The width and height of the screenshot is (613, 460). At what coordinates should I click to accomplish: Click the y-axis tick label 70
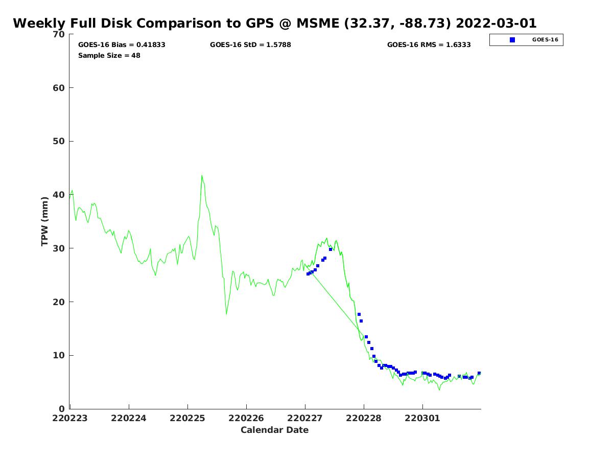59,34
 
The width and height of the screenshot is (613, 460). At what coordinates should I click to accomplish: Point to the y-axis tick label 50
59,141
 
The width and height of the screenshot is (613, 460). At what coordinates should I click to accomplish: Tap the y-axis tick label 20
59,302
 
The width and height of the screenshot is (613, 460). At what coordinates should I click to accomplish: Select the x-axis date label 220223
70,418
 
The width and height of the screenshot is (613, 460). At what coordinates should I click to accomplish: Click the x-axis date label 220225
187,418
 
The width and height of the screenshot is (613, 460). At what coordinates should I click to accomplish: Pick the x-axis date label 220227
305,418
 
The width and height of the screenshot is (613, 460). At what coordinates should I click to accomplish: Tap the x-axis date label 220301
422,418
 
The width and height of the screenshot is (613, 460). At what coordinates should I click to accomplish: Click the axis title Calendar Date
275,430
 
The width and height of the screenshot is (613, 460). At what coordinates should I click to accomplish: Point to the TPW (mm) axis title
45,221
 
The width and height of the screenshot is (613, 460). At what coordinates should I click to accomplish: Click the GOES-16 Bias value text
122,45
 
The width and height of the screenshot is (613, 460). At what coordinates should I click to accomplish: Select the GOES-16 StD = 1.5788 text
250,45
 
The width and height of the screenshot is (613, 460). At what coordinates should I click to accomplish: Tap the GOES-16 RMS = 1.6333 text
429,45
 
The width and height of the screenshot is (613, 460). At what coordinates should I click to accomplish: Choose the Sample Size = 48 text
109,55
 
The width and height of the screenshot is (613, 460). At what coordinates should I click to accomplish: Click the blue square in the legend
512,40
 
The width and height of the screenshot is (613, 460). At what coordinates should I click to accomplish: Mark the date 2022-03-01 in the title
496,23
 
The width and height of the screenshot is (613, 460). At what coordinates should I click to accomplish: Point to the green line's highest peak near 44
202,176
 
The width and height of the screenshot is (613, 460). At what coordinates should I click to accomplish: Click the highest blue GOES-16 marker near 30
331,249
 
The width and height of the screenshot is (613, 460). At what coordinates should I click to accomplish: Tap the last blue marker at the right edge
479,373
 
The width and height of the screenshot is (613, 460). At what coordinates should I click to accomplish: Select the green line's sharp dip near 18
226,313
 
